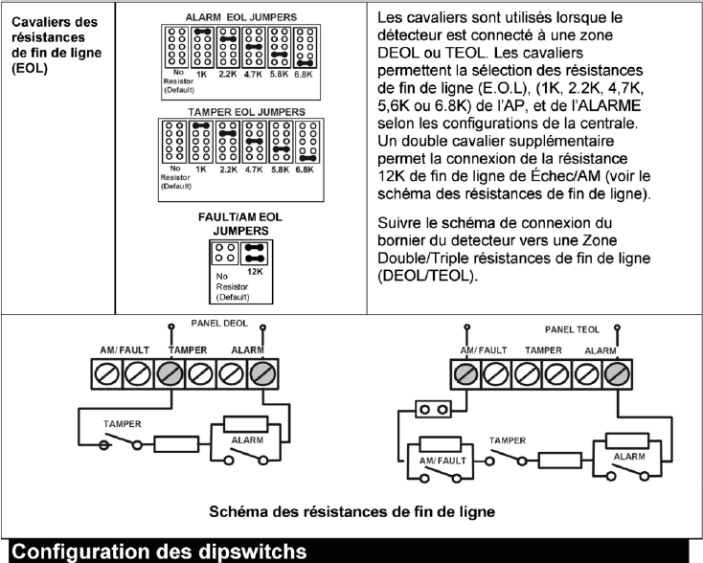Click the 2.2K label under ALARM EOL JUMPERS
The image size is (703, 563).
click(x=227, y=75)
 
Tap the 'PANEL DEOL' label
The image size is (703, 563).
click(x=207, y=325)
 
